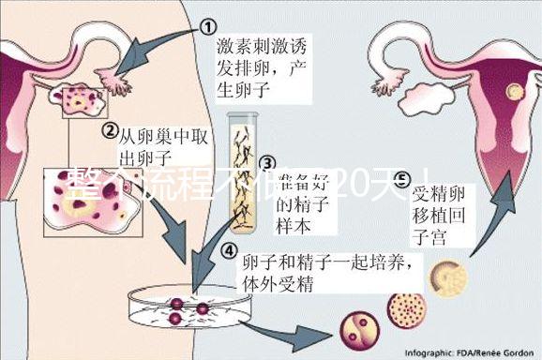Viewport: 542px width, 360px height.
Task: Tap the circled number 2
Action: click(x=110, y=131)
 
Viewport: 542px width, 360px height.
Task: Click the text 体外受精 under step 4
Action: click(x=278, y=282)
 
